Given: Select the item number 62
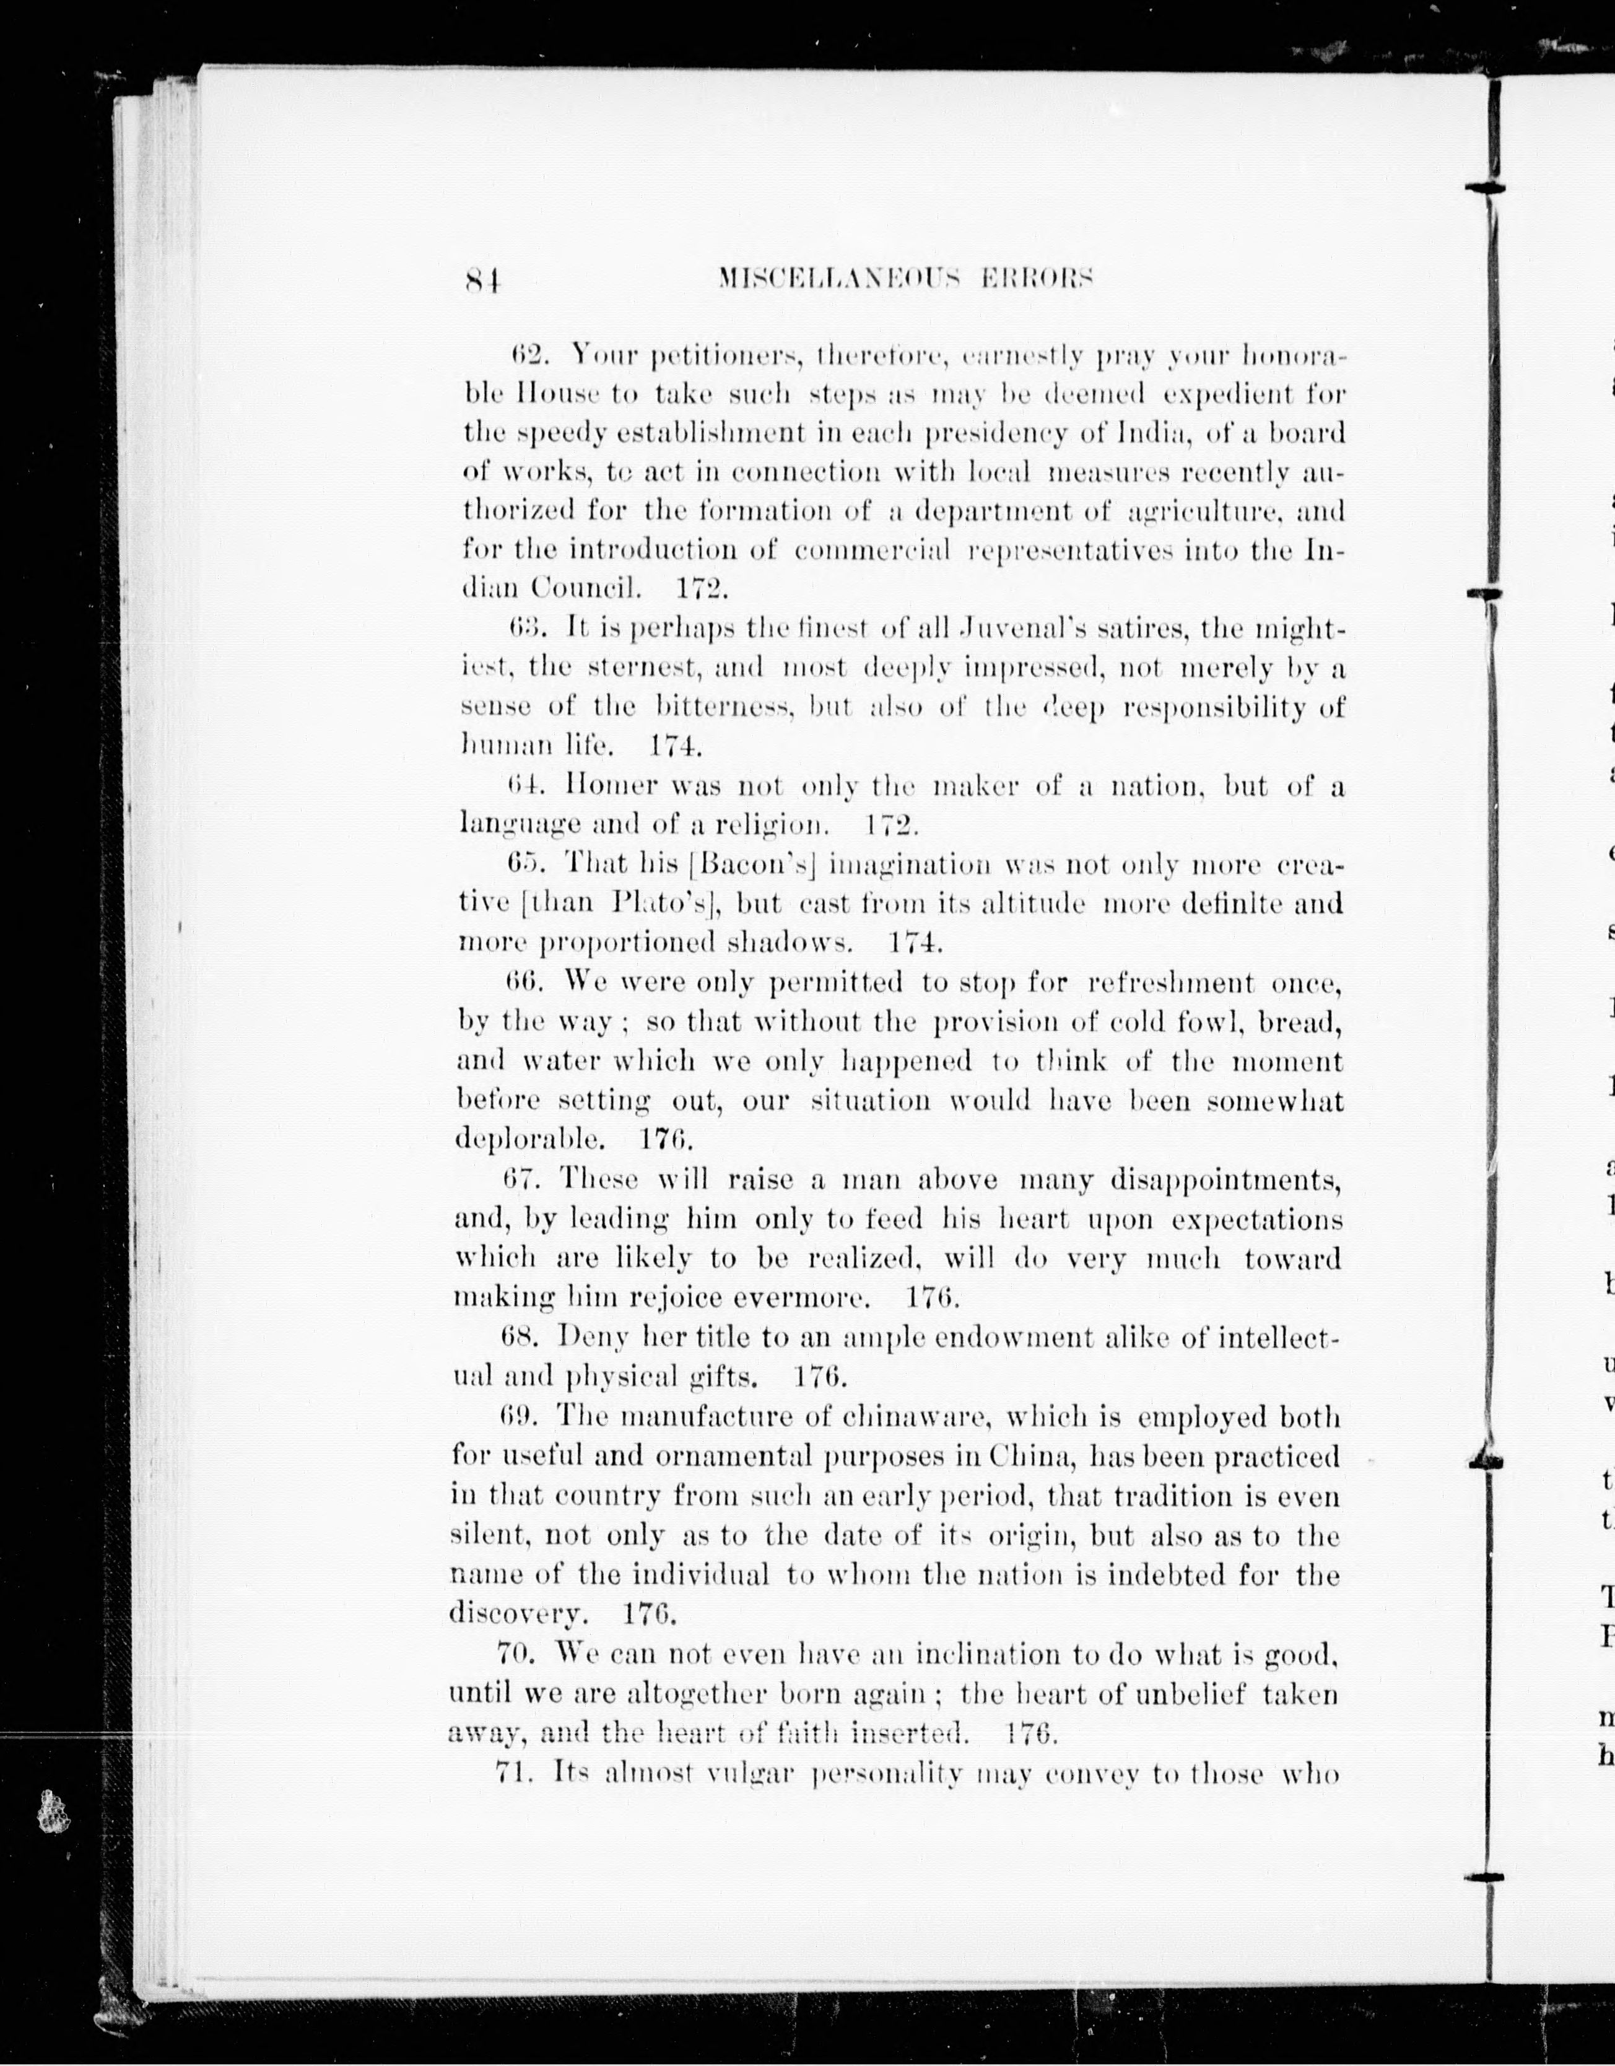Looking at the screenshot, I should coord(524,355).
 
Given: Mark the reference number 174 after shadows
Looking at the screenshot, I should coord(916,942).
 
